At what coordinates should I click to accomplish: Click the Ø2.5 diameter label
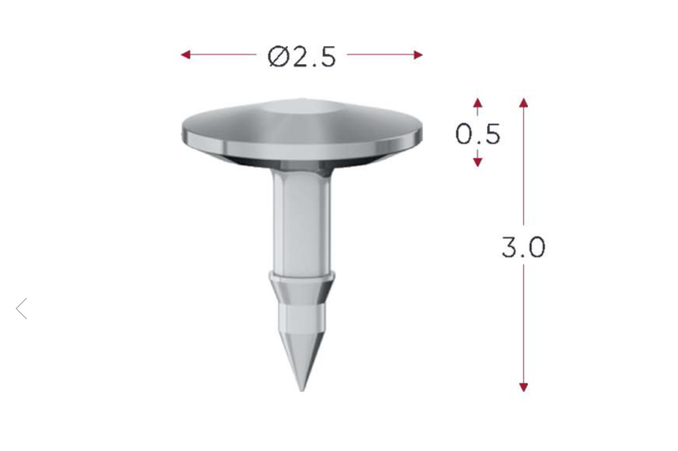302,57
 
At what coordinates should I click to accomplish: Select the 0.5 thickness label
478,134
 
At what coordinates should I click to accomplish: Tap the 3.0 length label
523,247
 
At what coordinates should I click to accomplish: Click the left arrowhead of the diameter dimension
186,54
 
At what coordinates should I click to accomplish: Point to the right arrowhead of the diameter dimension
418,54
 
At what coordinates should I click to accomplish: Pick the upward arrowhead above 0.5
477,103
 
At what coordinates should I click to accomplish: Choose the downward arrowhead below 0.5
477,162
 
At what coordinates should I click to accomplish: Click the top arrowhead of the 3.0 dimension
523,103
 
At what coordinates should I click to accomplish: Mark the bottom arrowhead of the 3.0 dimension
523,388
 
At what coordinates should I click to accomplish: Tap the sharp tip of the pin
302,390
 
